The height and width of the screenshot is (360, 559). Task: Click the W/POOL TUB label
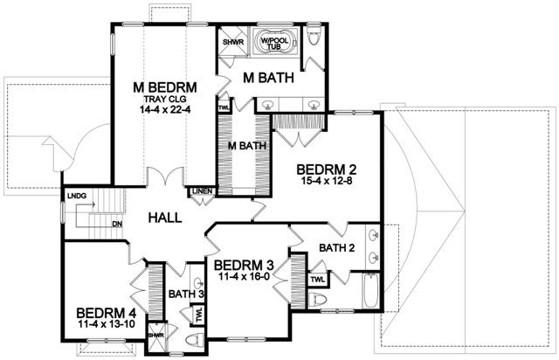tap(274, 44)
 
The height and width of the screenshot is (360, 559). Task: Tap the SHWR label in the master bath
tap(233, 42)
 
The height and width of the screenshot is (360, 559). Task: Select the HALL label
tap(165, 218)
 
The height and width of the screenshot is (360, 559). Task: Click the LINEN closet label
tap(202, 191)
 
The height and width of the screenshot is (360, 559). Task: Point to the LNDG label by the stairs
tap(77, 196)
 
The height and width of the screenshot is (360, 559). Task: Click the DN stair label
tap(117, 224)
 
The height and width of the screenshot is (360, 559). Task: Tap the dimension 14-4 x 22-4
tap(165, 109)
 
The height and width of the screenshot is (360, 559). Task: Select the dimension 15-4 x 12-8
tap(327, 181)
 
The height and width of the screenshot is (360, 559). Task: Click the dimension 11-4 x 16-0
tap(244, 276)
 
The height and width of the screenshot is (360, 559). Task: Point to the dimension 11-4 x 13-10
tap(106, 324)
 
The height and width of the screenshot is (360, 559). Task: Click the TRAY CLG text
tap(165, 99)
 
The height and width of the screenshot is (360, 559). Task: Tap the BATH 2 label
tap(337, 247)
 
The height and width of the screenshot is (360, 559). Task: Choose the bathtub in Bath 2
tap(371, 290)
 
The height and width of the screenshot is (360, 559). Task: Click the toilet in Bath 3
tap(195, 339)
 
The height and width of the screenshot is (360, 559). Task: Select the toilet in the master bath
tap(314, 35)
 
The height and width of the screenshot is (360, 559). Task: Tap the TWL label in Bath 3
tap(199, 315)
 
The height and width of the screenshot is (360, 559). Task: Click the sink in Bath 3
tap(198, 283)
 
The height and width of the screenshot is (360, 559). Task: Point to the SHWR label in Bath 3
tap(155, 336)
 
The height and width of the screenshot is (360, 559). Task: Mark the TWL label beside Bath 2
tap(318, 280)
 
